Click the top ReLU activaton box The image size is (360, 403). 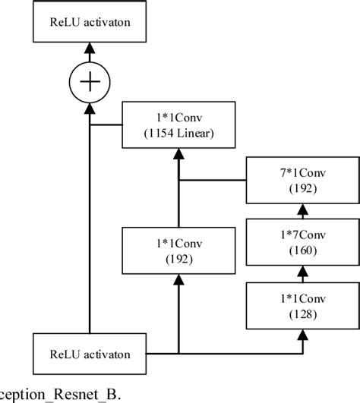90,20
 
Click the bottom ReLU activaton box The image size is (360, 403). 90,354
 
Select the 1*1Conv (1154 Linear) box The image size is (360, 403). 178,126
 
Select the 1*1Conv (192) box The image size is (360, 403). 178,251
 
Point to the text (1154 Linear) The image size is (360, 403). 178,134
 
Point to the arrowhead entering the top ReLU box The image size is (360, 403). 90,47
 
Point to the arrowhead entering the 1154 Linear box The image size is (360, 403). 178,154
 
